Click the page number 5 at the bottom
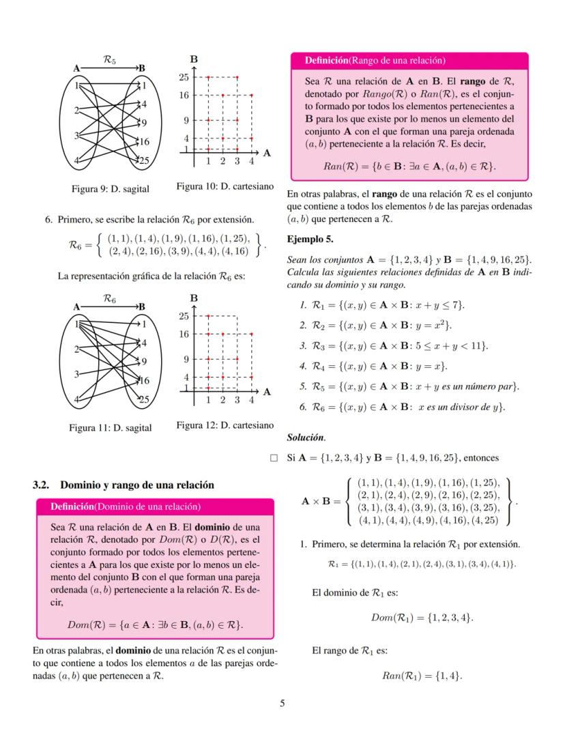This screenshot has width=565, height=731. point(282,704)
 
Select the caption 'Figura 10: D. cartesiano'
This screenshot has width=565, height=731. point(224,186)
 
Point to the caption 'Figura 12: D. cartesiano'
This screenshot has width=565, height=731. point(224,425)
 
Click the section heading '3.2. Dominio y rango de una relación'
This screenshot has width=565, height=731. point(124,485)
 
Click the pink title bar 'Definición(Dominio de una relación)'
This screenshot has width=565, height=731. point(154,506)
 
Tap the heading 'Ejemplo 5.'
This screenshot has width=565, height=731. point(310,240)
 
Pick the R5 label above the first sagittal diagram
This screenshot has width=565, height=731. point(109,60)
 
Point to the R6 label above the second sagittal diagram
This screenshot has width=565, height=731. point(109,298)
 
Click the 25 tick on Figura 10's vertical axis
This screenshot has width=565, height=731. point(184,77)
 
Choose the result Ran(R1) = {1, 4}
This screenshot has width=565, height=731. point(421,676)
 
